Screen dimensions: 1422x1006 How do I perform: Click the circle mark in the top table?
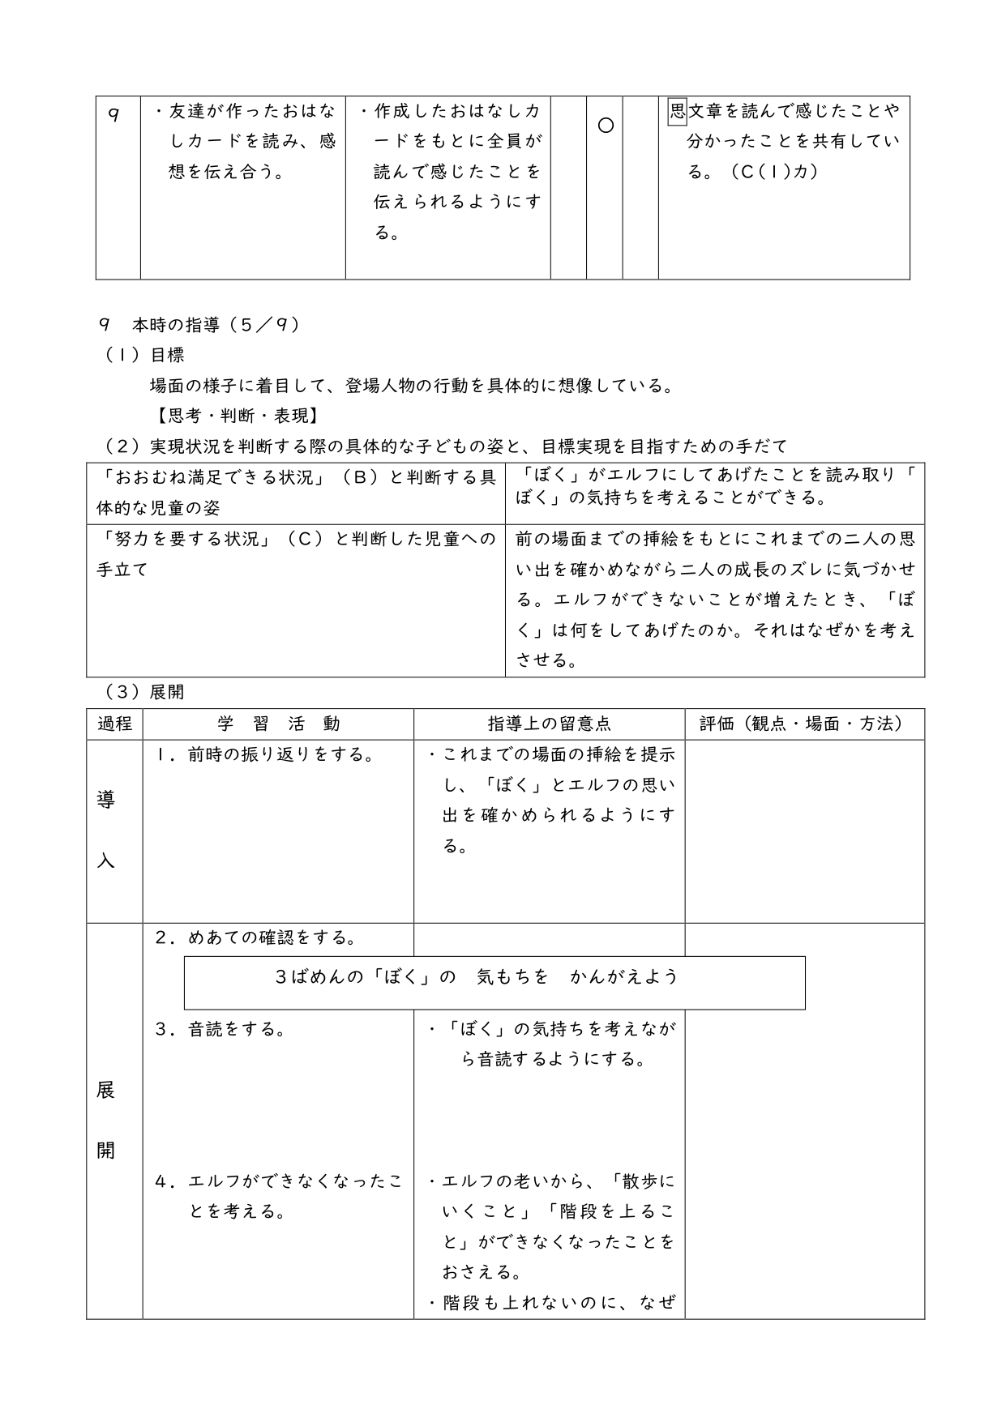point(605,126)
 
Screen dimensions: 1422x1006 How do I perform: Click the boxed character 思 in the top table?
point(677,111)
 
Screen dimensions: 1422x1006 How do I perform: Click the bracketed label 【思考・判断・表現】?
point(234,416)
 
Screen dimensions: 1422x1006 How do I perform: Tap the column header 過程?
point(114,724)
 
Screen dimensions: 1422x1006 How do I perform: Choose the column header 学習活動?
point(278,724)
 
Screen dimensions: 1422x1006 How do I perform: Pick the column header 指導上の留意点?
point(549,724)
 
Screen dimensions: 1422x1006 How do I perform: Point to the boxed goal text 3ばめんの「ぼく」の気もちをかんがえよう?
point(477,977)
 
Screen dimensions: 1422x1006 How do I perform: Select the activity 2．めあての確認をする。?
point(256,937)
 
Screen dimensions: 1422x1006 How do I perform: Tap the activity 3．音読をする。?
point(220,1029)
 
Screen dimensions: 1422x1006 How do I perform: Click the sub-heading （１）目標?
point(144,355)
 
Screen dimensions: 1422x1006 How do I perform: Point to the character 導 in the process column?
point(106,800)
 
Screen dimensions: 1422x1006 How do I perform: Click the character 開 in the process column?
point(106,1150)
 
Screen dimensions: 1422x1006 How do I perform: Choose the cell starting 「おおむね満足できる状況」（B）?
point(295,493)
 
